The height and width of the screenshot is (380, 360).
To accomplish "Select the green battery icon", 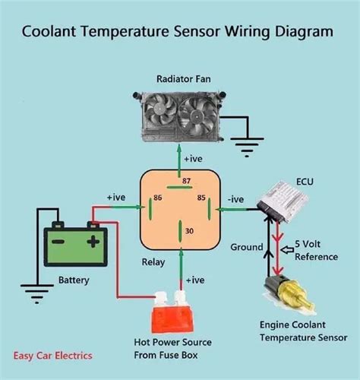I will tap(74, 244).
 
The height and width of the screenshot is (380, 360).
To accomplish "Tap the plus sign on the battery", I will tap(92, 242).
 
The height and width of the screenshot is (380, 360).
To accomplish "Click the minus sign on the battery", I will tap(58, 242).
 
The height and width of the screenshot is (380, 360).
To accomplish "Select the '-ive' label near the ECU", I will tap(235, 199).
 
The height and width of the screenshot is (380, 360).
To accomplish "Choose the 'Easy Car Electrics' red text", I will tap(52, 355).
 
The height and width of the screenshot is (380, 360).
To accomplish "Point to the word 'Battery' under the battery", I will tap(74, 280).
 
